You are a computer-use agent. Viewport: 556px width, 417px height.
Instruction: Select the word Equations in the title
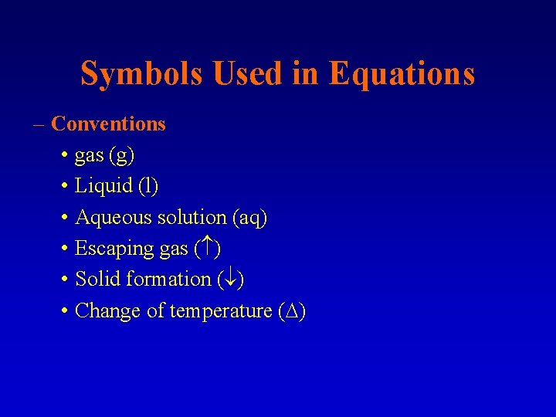[x=401, y=74]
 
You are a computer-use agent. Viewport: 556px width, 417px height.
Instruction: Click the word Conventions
[x=108, y=124]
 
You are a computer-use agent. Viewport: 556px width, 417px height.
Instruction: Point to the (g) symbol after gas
[x=122, y=155]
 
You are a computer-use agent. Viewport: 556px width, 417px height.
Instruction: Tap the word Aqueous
[x=114, y=218]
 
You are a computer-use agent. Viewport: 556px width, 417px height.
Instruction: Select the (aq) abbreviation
[x=249, y=218]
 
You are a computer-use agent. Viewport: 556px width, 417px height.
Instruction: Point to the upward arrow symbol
[x=208, y=249]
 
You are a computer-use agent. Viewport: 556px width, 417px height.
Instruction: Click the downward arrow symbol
[x=230, y=280]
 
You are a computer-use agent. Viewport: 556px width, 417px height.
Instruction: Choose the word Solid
[x=97, y=280]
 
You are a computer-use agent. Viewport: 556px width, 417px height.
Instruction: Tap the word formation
[x=168, y=280]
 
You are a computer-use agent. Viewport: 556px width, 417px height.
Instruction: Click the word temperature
[x=221, y=310]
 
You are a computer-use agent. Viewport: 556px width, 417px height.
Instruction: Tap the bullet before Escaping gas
[x=64, y=249]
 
